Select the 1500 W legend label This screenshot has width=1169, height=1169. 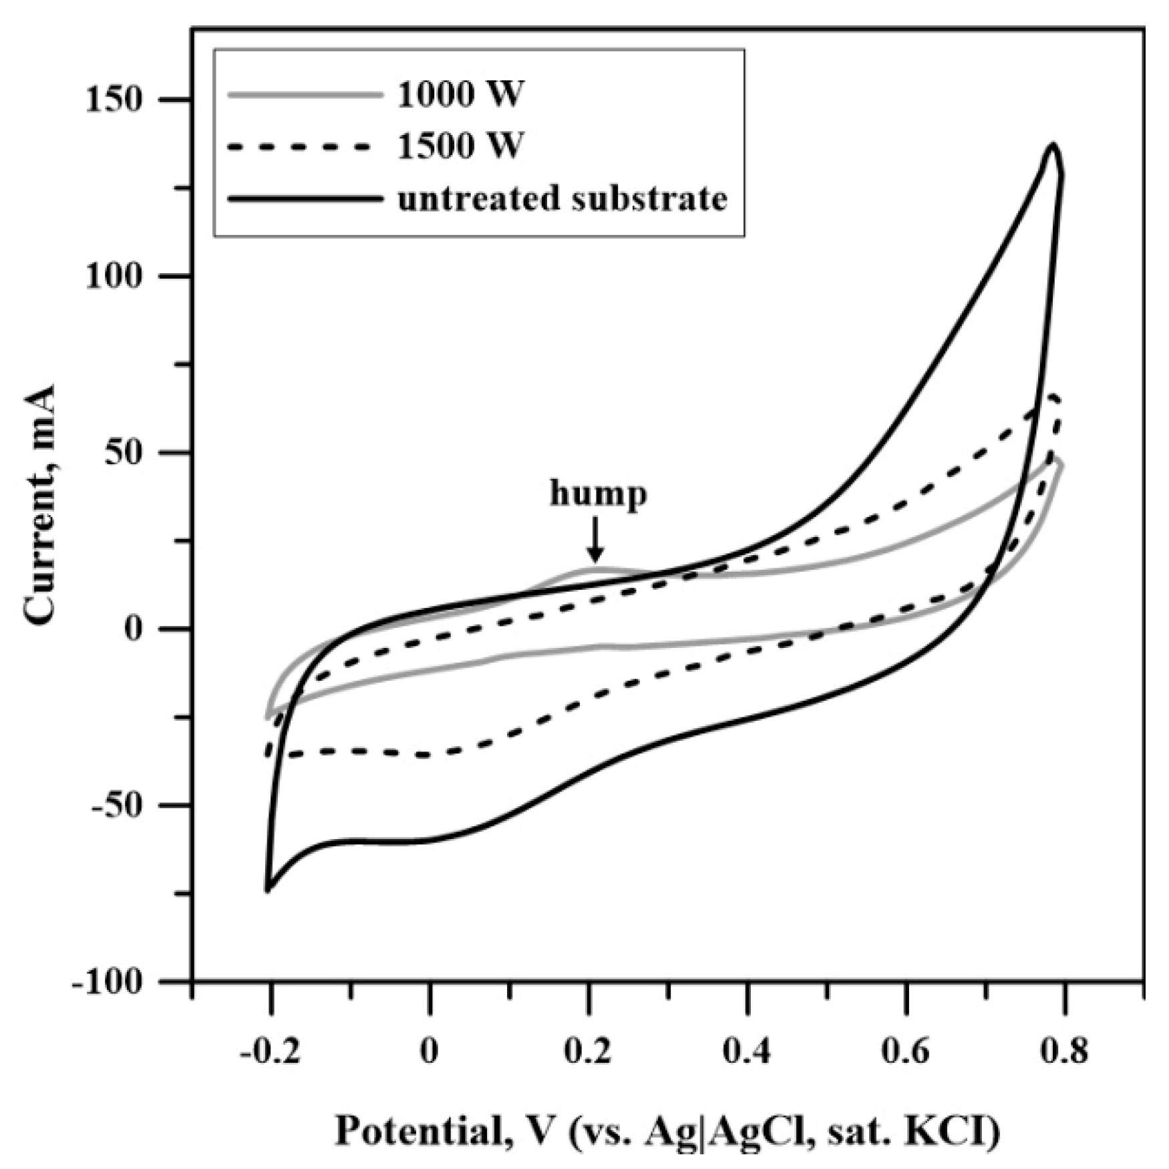point(460,145)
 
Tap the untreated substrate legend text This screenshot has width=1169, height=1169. point(562,198)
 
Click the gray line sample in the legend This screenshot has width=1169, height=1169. point(305,94)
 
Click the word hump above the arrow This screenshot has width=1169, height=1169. point(598,495)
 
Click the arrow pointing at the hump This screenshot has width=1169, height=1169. point(595,542)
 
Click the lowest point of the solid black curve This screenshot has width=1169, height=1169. point(267,890)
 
